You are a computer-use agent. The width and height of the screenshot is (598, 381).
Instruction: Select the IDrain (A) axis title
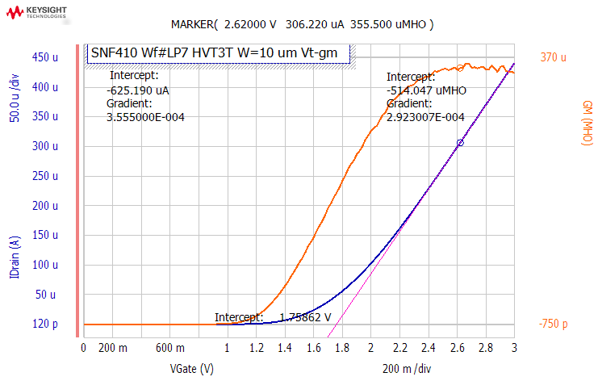point(15,257)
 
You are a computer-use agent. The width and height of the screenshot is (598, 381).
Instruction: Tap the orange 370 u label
point(552,57)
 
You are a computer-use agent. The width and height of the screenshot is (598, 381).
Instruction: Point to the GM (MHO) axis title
point(588,123)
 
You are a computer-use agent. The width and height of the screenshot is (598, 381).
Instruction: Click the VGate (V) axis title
point(191,369)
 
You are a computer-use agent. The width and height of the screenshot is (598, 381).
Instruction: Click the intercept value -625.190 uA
point(138,90)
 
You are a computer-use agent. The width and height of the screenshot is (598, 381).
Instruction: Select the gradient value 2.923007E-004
point(425,117)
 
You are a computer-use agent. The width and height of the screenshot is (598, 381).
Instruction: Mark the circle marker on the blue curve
point(460,143)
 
